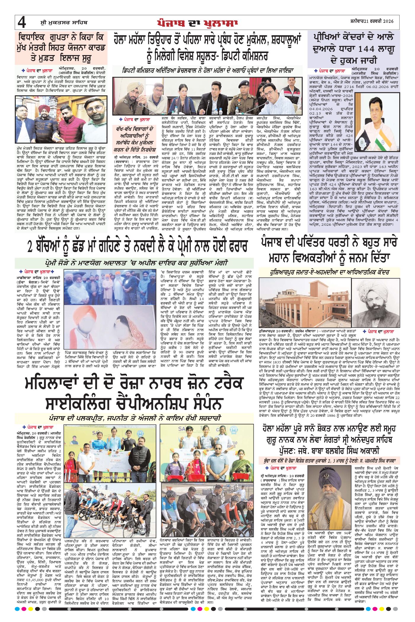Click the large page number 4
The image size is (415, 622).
[22, 23]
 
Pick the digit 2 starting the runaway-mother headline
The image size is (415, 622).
[30, 247]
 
